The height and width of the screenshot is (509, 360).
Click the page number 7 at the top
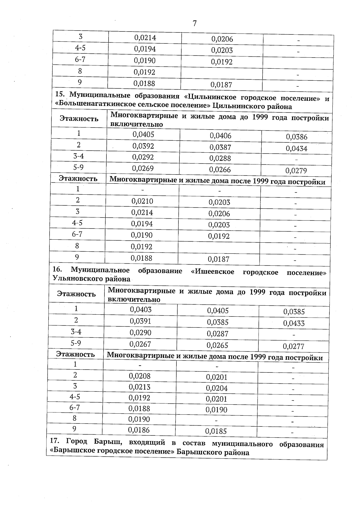[194, 23]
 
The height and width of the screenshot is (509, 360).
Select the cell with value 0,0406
[220, 136]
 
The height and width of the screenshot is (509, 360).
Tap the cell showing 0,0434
[296, 148]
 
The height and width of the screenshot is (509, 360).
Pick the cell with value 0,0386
[296, 137]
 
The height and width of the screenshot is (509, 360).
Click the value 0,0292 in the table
[143, 157]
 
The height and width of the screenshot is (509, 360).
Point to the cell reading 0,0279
[296, 171]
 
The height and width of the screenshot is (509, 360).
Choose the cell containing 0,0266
[220, 170]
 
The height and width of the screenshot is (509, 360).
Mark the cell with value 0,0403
[141, 310]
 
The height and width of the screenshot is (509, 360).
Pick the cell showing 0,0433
[294, 323]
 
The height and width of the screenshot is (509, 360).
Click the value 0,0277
[294, 347]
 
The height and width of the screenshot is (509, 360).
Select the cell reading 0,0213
[139, 387]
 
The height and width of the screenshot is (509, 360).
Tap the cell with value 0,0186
[139, 430]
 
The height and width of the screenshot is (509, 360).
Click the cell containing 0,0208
[140, 376]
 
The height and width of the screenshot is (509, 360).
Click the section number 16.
[57, 270]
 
